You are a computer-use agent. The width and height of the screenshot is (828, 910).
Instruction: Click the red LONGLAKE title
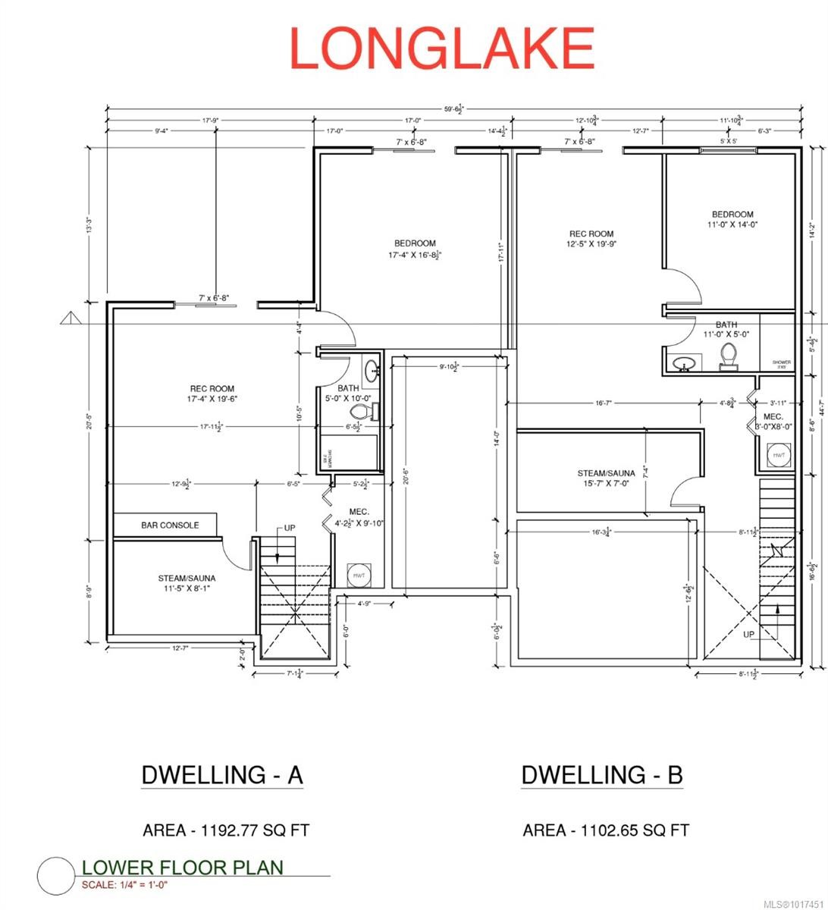point(442,48)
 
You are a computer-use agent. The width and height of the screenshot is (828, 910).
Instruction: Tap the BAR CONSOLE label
point(170,525)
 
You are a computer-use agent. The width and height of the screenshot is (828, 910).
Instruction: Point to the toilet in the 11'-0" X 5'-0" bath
point(729,356)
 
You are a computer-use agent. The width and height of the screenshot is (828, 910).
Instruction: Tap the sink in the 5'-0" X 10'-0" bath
point(372,371)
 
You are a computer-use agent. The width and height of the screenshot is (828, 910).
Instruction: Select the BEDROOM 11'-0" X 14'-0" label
point(732,219)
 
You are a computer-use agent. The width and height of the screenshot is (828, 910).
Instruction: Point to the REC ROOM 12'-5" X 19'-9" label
point(591,239)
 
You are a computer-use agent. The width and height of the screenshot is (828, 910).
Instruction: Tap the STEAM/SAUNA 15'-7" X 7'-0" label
point(606,479)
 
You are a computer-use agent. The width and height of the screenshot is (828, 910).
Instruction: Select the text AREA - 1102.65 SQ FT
point(606,830)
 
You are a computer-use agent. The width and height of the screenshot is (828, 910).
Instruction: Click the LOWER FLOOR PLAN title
point(182,868)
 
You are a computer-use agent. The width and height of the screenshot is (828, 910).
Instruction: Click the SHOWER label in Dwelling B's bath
point(781,363)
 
